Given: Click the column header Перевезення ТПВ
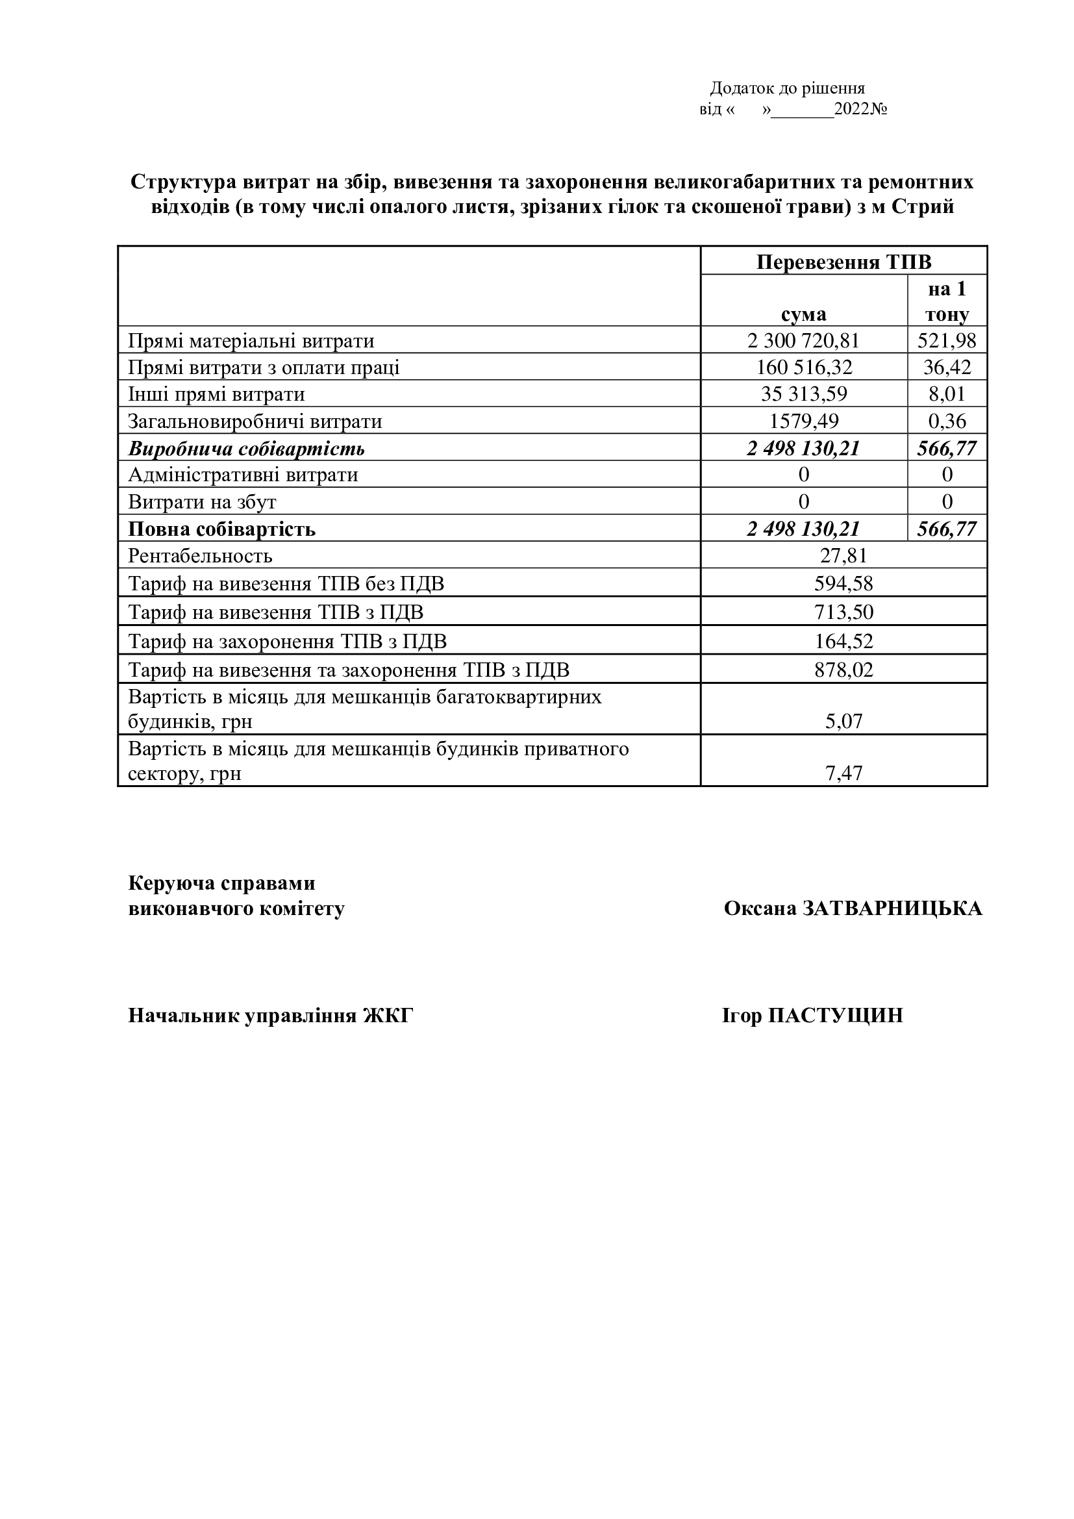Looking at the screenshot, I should pos(843,262).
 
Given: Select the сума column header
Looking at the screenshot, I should pos(803,314).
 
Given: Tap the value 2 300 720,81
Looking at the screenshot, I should pos(803,341).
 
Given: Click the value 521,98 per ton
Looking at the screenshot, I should pos(947,341).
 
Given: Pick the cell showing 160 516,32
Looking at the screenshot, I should pos(803,367).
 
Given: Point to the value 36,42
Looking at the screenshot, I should pos(947,367).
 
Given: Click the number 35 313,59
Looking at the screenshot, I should pos(803,394).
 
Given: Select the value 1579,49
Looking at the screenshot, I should pos(803,421).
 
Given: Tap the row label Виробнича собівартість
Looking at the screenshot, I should pos(246,449).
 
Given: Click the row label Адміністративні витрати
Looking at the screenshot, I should pos(243,475).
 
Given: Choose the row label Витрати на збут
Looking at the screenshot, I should pos(202,502).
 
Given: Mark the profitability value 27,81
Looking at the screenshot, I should pos(843,555).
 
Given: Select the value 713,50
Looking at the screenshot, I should pos(843,612).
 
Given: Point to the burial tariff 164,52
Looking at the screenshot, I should pos(843,641).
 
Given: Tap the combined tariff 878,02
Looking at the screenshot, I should pos(843,670).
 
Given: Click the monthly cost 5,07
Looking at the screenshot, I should pos(843,720).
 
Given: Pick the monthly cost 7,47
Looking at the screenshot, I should pos(843,773).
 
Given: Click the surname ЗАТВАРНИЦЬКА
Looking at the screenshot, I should pos(892,909).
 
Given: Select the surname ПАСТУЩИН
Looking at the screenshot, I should pos(834,1016).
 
